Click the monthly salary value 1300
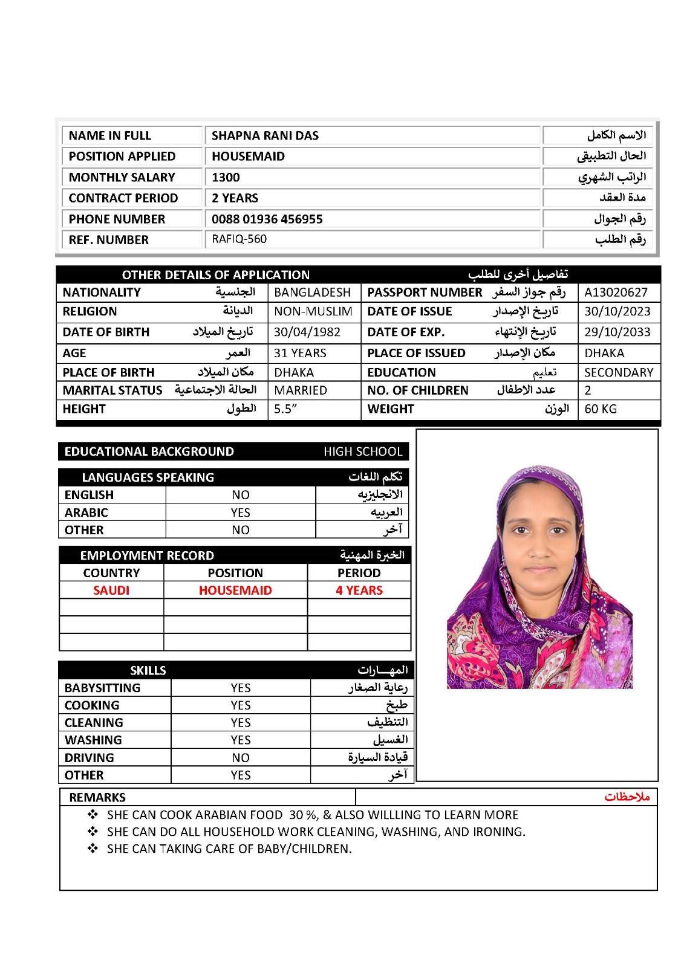[226, 178]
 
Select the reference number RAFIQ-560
[239, 239]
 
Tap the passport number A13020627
[616, 293]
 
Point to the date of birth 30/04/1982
[307, 332]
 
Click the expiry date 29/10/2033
[617, 332]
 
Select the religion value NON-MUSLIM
[313, 312]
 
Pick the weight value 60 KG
[601, 409]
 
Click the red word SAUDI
[111, 590]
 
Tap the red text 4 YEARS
[359, 590]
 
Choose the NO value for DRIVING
[240, 758]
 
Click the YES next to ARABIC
[240, 513]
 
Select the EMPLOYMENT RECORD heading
[147, 555]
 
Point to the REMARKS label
[97, 798]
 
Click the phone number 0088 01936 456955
[267, 219]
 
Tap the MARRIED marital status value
[301, 390]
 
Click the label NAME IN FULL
[110, 136]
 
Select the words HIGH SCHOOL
[363, 451]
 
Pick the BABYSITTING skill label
[102, 688]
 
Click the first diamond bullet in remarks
[93, 815]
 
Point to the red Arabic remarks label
[627, 797]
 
